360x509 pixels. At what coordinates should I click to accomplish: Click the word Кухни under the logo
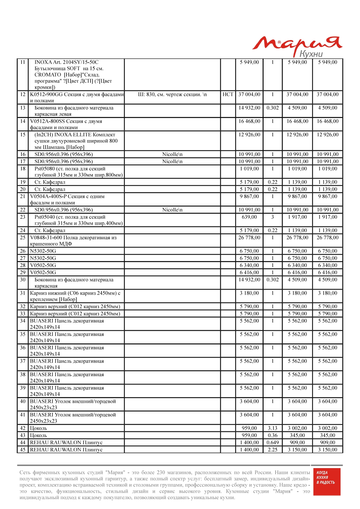tap(311, 54)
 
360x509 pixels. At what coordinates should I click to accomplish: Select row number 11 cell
tap(23, 62)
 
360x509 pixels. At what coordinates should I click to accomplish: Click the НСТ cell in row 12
tap(228, 94)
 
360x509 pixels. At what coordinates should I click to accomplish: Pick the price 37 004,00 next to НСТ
tap(249, 94)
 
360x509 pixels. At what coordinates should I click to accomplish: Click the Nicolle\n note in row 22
tap(172, 210)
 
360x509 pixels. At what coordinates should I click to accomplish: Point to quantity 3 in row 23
tap(272, 217)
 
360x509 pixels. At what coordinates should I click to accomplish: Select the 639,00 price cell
tap(249, 217)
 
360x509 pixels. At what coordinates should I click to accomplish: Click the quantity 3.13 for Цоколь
tap(272, 428)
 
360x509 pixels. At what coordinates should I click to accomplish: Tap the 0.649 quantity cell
tap(272, 442)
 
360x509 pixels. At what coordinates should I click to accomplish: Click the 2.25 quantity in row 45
tap(272, 450)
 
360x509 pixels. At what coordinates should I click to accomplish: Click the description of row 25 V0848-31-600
tap(73, 240)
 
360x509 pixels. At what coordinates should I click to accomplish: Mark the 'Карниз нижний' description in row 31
tap(75, 296)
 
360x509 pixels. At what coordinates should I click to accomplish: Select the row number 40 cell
tap(23, 401)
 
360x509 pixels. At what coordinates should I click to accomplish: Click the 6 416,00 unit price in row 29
tap(249, 272)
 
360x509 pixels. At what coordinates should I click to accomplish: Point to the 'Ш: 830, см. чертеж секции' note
tap(172, 94)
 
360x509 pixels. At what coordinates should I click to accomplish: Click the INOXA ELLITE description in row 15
tap(75, 141)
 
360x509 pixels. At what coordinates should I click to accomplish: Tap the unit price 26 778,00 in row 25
tap(249, 238)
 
